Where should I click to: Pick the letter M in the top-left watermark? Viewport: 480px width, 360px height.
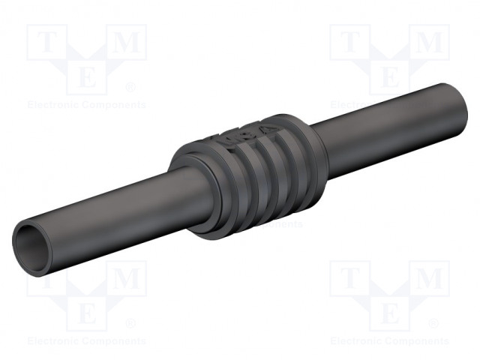[x=127, y=44]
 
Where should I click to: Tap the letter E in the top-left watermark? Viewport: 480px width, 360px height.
[x=86, y=77]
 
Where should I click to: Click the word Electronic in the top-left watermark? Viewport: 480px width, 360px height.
[x=54, y=105]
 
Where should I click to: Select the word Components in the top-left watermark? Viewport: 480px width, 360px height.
[x=115, y=105]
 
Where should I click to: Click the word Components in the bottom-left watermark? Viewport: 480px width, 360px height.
[x=115, y=341]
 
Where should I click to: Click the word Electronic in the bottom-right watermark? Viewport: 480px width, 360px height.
[x=357, y=341]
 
